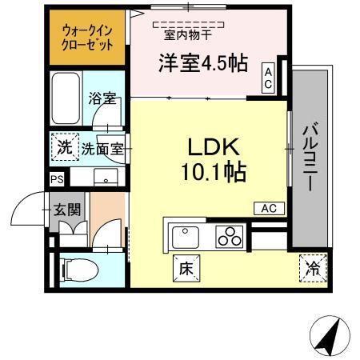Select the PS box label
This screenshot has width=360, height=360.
tap(57, 180)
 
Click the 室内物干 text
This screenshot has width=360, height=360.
tap(189, 34)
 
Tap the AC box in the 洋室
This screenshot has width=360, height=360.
tap(269, 78)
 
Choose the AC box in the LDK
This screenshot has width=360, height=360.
tap(268, 208)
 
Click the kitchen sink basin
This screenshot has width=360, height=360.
tap(186, 237)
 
